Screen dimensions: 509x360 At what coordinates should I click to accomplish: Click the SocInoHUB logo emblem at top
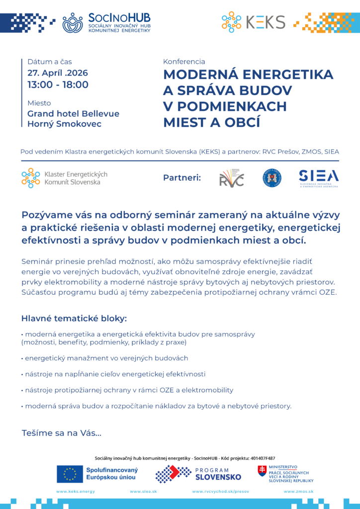click(x=73, y=22)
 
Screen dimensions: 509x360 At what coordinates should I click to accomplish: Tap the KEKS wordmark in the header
click(x=266, y=22)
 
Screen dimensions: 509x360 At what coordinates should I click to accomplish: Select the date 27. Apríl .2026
click(x=58, y=73)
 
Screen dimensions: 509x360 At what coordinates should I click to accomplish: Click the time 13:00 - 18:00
click(x=58, y=85)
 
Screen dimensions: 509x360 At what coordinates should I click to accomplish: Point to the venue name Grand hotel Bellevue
click(x=73, y=113)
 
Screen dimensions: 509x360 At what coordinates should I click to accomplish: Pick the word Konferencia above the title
click(x=184, y=62)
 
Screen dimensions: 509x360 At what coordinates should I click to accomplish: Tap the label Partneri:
click(x=182, y=177)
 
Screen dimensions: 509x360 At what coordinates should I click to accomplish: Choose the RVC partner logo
click(x=232, y=178)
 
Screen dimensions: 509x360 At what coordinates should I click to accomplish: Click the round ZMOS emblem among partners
click(x=272, y=177)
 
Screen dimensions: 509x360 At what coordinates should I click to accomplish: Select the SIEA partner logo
click(x=319, y=177)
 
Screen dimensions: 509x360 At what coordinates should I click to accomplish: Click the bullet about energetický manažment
click(x=104, y=358)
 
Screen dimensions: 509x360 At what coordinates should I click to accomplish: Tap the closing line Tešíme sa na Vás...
click(x=62, y=433)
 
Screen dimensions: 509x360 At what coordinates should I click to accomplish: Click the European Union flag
click(x=70, y=474)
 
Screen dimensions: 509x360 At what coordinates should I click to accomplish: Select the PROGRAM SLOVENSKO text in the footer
click(x=218, y=474)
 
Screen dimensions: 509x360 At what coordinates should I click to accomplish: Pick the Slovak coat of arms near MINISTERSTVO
click(x=262, y=471)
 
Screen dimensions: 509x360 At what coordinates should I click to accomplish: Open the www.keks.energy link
click(x=76, y=491)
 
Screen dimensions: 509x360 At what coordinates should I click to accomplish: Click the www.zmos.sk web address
click(x=298, y=491)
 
